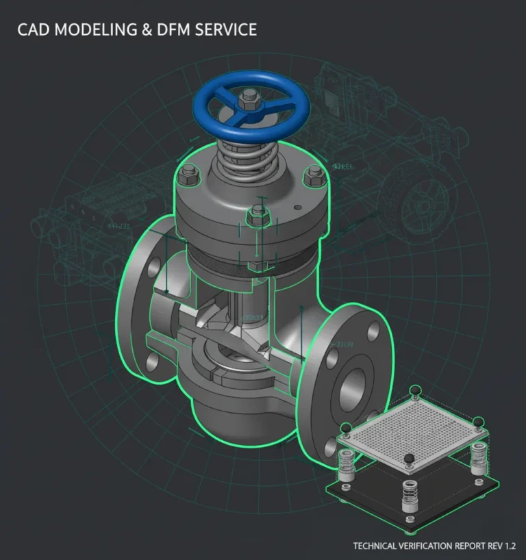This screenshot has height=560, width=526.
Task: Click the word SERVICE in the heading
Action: pyautogui.click(x=229, y=29)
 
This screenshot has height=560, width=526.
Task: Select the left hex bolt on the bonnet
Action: pyautogui.click(x=185, y=179)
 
